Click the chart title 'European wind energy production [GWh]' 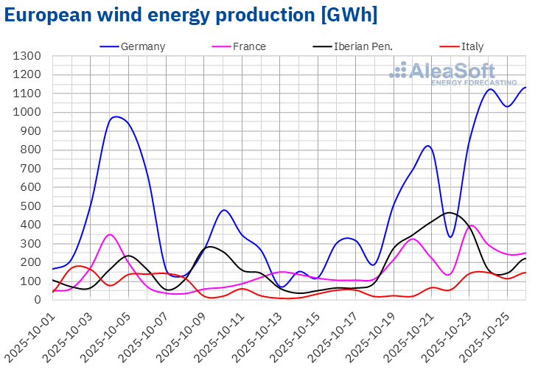(x=191, y=15)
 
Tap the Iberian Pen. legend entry (x=352, y=46)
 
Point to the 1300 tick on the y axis (x=27, y=56)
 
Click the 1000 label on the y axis (x=27, y=112)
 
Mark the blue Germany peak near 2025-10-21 (x=428, y=145)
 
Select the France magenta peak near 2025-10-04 (x=110, y=234)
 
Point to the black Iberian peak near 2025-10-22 (x=449, y=213)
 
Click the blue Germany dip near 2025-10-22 (x=450, y=236)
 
